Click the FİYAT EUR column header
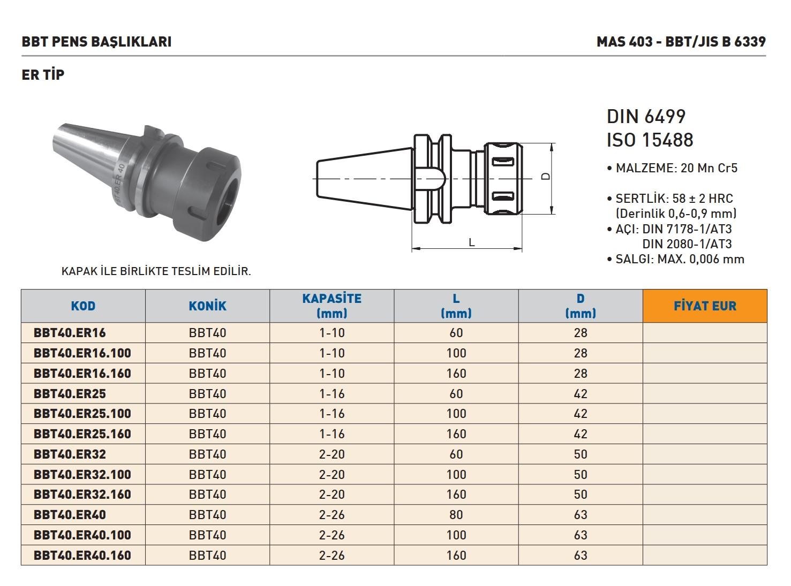click(705, 306)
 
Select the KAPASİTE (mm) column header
click(332, 306)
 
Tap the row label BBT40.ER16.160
click(82, 373)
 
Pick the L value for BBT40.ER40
click(456, 515)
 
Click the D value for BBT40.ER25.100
click(581, 414)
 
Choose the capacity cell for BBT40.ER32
click(332, 454)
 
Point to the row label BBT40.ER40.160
click(82, 555)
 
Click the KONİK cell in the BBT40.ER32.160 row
click(208, 494)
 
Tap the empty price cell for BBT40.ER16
click(705, 332)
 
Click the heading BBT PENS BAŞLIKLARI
click(96, 42)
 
